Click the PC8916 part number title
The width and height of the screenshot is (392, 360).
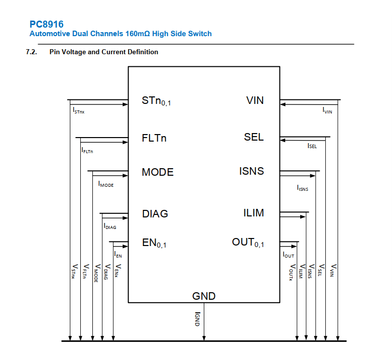(x=47, y=24)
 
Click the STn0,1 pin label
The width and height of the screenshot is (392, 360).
(x=157, y=102)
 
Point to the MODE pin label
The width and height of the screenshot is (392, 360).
(x=158, y=172)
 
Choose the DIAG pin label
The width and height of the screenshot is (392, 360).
(x=155, y=214)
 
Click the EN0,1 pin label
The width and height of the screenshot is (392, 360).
(x=154, y=244)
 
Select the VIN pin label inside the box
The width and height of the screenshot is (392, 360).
(x=255, y=100)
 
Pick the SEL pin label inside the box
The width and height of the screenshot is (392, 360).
(x=253, y=137)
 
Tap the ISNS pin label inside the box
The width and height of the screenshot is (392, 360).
(x=251, y=172)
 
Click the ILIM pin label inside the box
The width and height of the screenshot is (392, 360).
(x=253, y=213)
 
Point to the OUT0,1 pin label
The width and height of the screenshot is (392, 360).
(x=248, y=243)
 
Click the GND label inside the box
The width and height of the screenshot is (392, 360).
(x=204, y=296)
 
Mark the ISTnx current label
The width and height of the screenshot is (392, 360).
(x=78, y=110)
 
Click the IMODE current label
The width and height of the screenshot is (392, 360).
(x=106, y=185)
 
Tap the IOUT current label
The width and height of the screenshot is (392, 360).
(x=288, y=256)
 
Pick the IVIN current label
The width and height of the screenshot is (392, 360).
(x=327, y=110)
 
